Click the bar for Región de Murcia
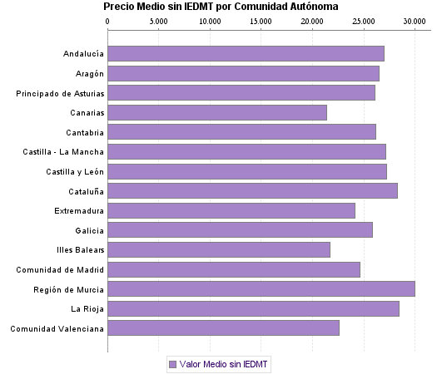click(261, 289)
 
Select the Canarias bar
click(217, 112)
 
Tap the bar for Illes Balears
click(219, 249)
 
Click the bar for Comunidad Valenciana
click(223, 328)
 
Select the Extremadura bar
click(231, 210)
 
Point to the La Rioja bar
click(253, 309)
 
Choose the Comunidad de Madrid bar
click(234, 269)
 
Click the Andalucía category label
click(83, 54)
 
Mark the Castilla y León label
click(75, 171)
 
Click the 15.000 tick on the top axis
click(261, 22)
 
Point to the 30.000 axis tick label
click(414, 22)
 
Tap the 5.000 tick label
click(159, 22)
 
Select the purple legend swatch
click(173, 364)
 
